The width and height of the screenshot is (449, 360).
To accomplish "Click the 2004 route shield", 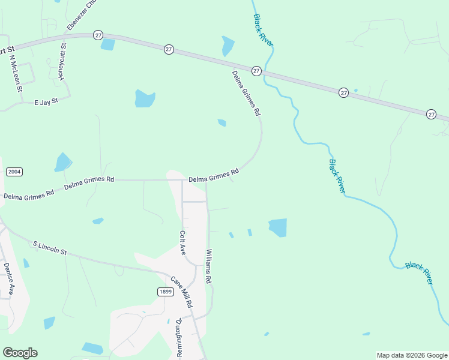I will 14,172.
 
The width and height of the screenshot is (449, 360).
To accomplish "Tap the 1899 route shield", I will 166,292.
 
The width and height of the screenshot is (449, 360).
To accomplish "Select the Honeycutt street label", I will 62,62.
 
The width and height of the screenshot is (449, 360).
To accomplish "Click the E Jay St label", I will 46,103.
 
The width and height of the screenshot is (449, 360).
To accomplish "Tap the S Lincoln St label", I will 50,248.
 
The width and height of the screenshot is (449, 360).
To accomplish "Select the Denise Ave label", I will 8,278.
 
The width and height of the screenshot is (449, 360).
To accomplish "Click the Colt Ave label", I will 182,242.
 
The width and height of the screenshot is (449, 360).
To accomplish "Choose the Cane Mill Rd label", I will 181,292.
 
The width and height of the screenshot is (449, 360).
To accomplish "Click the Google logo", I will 20,353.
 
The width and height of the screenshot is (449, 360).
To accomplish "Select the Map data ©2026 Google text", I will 412,355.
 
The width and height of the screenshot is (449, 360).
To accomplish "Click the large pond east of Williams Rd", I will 278,227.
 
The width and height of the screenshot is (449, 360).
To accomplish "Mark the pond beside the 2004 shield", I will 62,162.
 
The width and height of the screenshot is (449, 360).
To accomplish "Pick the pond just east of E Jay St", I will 145,98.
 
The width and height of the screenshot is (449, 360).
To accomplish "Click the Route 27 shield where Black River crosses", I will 256,71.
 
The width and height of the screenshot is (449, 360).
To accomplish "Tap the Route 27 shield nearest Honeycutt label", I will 98,35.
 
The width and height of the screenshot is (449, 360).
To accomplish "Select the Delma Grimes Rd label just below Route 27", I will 247,94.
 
